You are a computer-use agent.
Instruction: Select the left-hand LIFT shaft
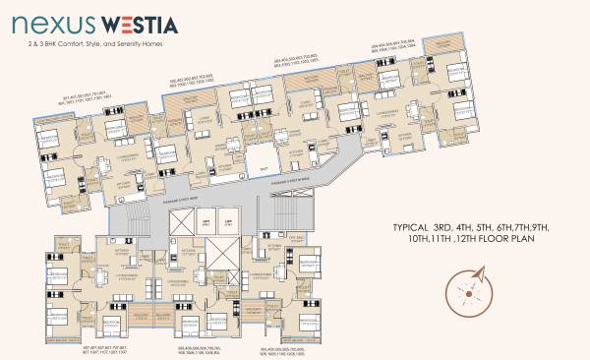point(207,225)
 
